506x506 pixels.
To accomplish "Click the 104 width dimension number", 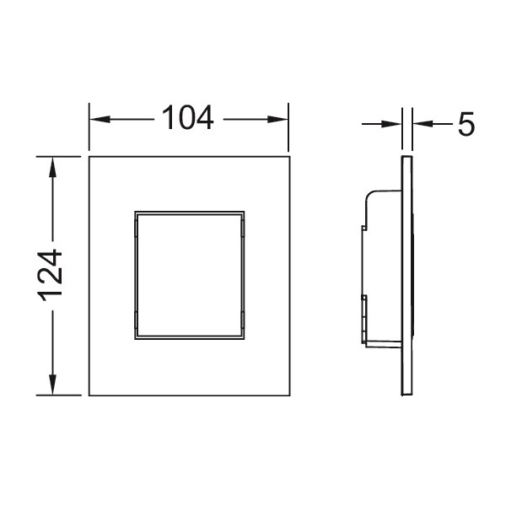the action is tap(187, 118).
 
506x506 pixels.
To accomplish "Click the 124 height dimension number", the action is tap(50, 276).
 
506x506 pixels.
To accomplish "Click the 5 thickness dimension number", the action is tap(466, 124).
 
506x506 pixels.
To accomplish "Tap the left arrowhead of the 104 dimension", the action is tap(100, 120).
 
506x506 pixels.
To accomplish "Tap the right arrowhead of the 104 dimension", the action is tap(277, 120).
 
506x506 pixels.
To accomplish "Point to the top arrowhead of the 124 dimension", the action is tap(52, 167).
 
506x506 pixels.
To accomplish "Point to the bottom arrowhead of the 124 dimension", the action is tap(52, 385).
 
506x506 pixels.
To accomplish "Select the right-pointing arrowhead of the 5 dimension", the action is tap(391, 124).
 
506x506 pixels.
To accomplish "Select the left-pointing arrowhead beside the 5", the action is tap(423, 124).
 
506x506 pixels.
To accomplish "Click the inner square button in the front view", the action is tap(190, 275).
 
